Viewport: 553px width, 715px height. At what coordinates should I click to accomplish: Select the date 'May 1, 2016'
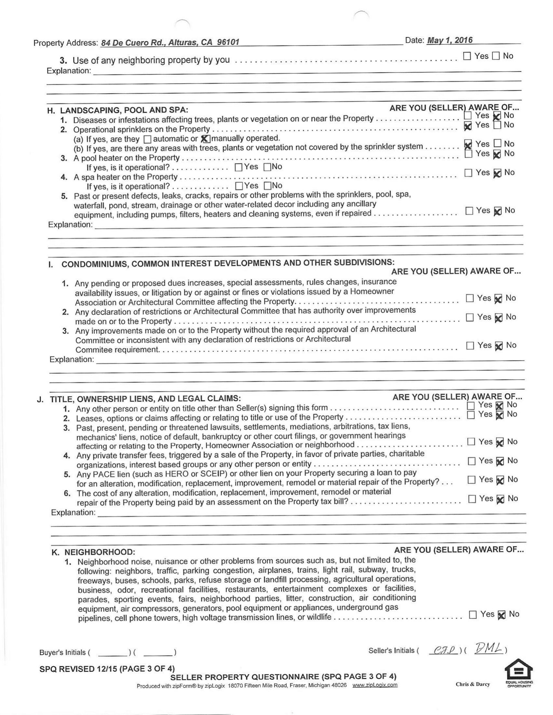(x=450, y=40)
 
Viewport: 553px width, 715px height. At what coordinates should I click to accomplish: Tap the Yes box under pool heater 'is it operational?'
(x=239, y=167)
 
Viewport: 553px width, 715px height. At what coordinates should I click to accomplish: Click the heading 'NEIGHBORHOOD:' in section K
(x=100, y=552)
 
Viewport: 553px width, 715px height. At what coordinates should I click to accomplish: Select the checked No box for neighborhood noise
(x=502, y=615)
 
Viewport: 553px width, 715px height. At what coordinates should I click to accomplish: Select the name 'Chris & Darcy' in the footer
(x=473, y=684)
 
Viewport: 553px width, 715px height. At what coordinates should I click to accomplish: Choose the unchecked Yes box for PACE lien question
(x=471, y=480)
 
